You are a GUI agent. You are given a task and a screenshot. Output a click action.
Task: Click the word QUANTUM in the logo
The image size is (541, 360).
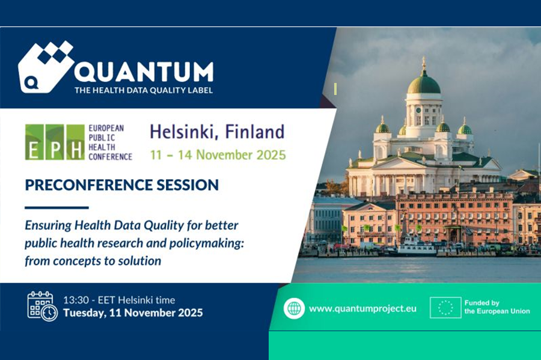coord(144,72)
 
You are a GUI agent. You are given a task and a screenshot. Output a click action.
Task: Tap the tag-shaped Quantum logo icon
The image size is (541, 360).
coord(46,67)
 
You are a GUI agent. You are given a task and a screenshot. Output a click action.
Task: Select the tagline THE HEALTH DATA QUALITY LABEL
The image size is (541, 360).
coord(144,90)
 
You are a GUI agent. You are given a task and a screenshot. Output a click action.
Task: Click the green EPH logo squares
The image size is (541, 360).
coord(55,142)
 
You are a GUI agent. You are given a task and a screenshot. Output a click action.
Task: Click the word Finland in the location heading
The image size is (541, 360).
coord(255,132)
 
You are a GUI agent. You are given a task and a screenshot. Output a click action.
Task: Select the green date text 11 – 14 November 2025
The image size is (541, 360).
coord(218,155)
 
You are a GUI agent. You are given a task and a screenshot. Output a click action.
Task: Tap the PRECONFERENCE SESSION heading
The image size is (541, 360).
coord(122,185)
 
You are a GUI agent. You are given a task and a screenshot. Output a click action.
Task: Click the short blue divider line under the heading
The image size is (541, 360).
coord(57,207)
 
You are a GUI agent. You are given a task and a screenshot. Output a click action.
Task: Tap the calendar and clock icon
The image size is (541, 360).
coord(43,306)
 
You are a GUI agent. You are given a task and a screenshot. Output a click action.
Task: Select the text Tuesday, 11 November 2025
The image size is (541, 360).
coord(133,313)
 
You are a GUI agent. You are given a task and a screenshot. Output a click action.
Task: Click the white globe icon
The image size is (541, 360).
coord(295,308)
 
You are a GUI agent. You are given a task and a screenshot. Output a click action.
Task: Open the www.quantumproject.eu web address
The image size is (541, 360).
coord(362,308)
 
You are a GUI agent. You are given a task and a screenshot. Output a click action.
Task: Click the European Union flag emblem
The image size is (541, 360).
coord(445,307)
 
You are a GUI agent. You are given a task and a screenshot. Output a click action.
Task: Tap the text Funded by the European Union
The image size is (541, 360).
coord(497,307)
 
